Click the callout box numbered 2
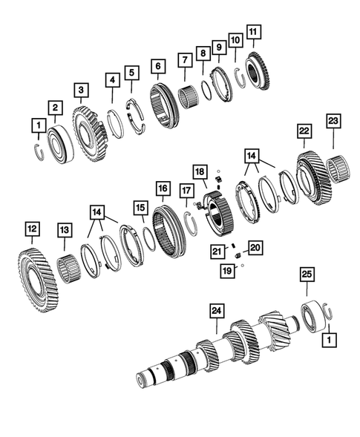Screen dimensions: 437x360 tap(54, 108)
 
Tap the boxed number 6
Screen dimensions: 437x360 tap(157, 66)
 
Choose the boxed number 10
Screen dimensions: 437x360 tap(235, 39)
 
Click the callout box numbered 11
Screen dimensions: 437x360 tap(254, 32)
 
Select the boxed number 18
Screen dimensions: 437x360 tap(200, 172)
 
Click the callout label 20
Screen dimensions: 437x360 tap(255, 247)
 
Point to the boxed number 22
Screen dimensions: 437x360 tap(304, 130)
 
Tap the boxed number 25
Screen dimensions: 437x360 tap(306, 274)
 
